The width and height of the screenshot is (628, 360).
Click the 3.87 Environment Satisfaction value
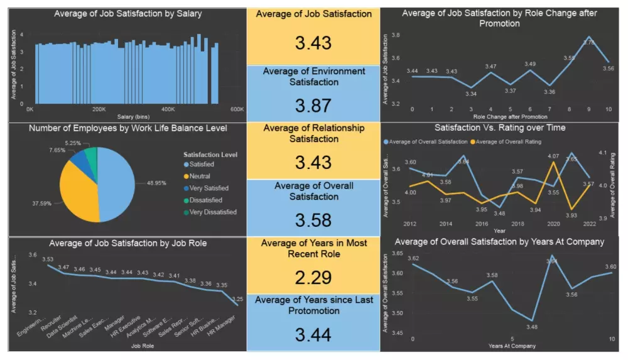(x=313, y=105)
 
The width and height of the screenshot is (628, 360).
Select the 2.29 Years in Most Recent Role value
(x=313, y=277)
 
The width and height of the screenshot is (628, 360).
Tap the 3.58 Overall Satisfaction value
(x=313, y=220)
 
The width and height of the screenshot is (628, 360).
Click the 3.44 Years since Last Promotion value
(x=313, y=334)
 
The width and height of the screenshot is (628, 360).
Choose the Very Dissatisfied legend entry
(x=214, y=212)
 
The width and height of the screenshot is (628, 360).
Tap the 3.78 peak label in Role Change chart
(x=589, y=43)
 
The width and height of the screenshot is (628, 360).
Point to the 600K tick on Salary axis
(x=236, y=109)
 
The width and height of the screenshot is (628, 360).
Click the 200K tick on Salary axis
(x=99, y=109)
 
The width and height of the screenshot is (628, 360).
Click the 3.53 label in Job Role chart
(x=48, y=259)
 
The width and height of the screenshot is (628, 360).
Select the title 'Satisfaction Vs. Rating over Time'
(x=500, y=128)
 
